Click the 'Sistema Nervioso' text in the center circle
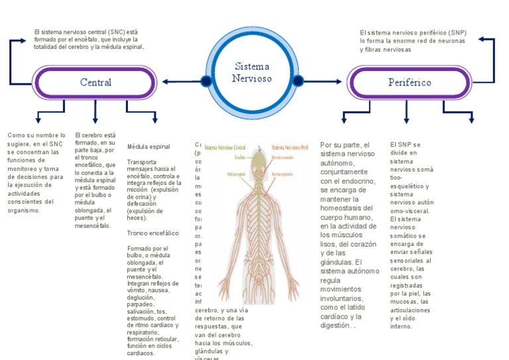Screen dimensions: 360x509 click(x=252, y=72)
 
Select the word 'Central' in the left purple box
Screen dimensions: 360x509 click(x=95, y=82)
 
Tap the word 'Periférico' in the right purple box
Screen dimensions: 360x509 click(x=410, y=82)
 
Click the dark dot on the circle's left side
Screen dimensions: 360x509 click(x=206, y=82)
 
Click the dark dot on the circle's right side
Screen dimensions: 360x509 click(x=298, y=82)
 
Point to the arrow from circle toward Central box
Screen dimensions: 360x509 click(x=179, y=82)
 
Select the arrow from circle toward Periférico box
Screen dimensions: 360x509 click(x=325, y=82)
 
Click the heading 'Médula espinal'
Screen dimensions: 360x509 click(x=148, y=147)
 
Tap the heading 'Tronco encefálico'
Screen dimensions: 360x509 click(x=152, y=233)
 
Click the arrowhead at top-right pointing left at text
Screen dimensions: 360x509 click(x=481, y=40)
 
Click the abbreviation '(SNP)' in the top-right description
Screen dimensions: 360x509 click(x=455, y=32)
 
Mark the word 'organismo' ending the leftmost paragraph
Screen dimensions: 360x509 click(x=24, y=210)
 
